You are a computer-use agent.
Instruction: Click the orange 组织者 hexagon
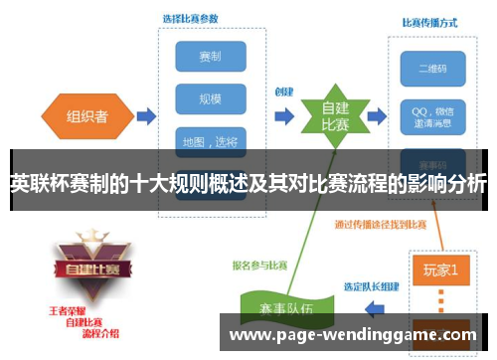tap(87, 115)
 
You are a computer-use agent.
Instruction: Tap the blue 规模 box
tap(210, 98)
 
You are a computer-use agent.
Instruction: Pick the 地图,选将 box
tap(210, 141)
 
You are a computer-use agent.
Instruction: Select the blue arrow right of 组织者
tap(145, 116)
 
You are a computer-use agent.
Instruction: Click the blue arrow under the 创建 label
tap(284, 116)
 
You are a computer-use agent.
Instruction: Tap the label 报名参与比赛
tap(260, 266)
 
